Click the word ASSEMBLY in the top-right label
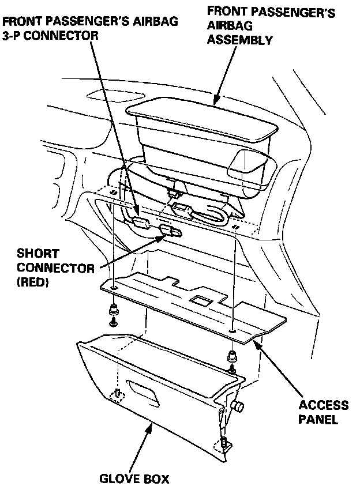point(240,40)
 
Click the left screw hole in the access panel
point(115,287)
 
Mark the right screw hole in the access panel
point(232,331)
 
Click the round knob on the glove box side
point(237,406)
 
